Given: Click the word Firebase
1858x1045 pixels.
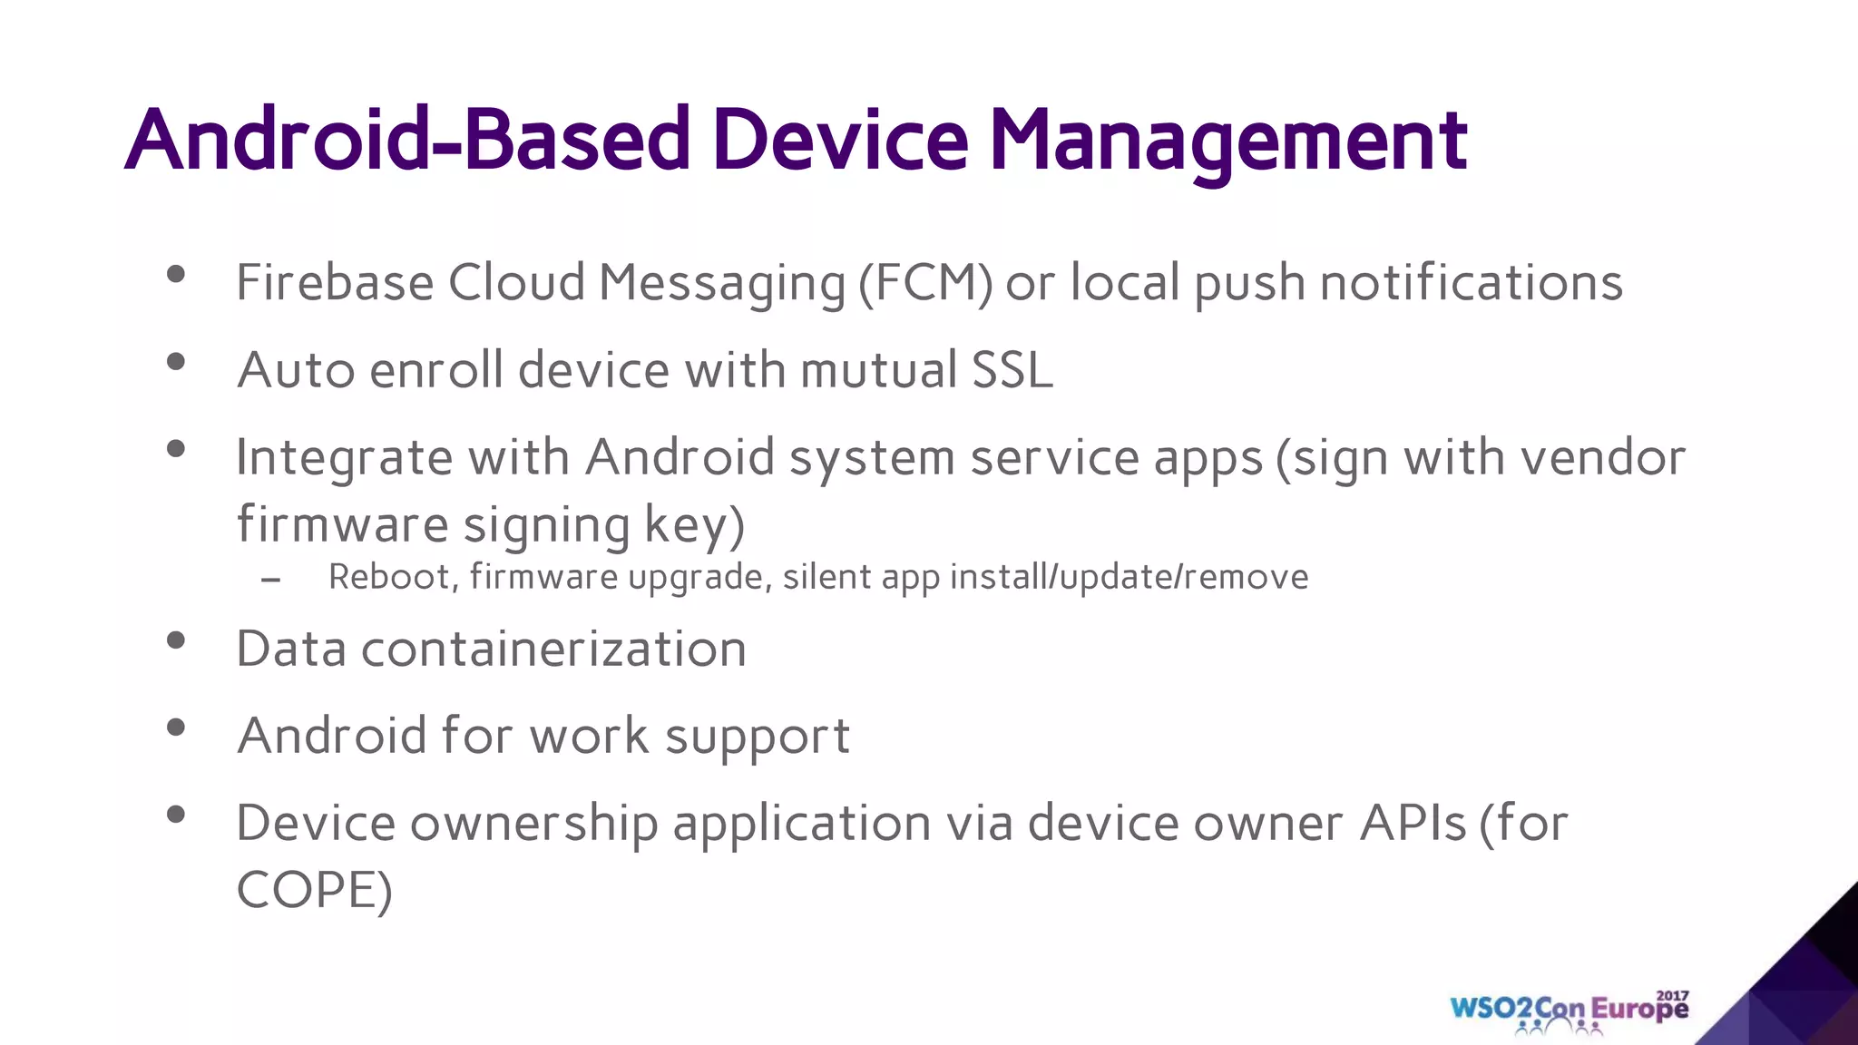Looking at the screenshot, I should [335, 282].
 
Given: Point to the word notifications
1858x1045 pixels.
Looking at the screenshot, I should [1471, 282].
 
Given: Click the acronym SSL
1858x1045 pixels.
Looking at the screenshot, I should [1012, 370].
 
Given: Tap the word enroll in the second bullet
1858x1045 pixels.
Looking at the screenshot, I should [435, 370].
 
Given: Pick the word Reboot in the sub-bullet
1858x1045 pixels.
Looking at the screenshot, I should [393, 577].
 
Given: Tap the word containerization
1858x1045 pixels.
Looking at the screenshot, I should [553, 649].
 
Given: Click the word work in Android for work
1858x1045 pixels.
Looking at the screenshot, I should [590, 736].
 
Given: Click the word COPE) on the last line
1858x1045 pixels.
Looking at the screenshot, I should [314, 890].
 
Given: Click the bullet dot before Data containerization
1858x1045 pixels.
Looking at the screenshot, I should [177, 640].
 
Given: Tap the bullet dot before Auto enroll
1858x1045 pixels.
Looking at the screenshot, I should [177, 362].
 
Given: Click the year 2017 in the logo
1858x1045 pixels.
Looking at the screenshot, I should [1672, 995].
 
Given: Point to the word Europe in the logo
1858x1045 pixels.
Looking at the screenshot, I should [1639, 1010].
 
